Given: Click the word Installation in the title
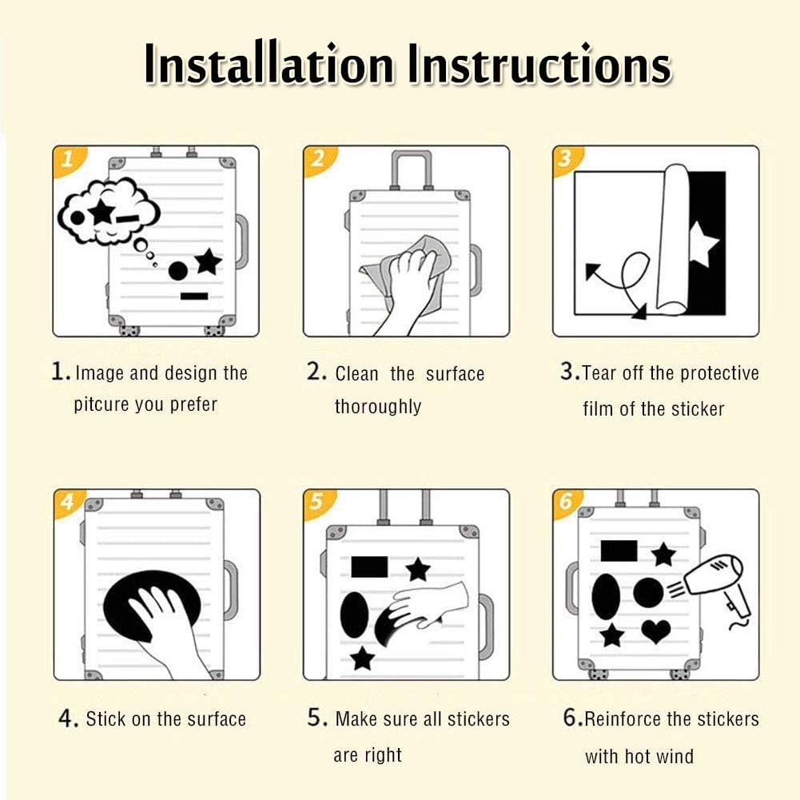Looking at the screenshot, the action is tap(269, 64).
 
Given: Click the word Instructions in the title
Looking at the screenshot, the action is tap(539, 64).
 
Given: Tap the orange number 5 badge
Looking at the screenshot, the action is tap(318, 503).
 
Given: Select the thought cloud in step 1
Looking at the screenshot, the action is tap(108, 213).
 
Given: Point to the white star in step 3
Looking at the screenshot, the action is tap(703, 245).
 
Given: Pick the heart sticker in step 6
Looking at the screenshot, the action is tap(656, 631).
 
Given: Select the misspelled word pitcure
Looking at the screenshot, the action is tap(101, 404).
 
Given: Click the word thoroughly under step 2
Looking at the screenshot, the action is tap(378, 407).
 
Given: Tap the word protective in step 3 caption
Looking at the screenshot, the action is tap(719, 373).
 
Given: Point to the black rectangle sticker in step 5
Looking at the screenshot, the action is tap(369, 567).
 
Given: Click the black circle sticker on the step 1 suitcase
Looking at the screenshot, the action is tap(178, 271).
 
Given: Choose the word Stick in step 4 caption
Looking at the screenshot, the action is tap(105, 718).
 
